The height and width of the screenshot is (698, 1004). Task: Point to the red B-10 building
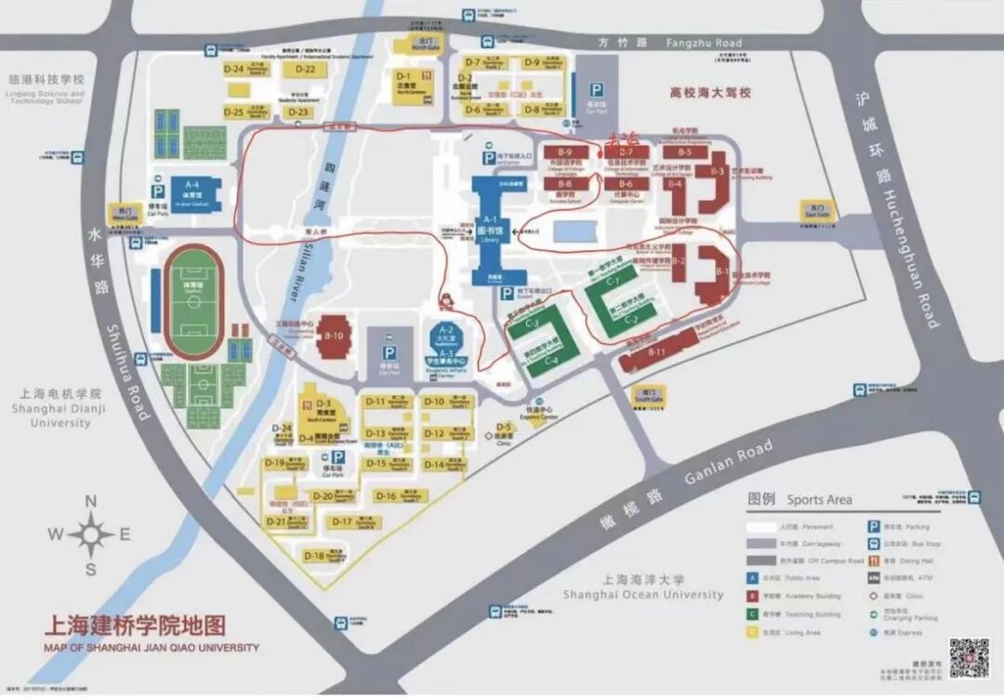point(334,341)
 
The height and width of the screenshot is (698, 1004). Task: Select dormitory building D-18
point(315,557)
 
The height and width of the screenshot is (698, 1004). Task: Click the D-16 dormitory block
point(387,496)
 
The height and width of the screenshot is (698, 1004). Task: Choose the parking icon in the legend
point(874,525)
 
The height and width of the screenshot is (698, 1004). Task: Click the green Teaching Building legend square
point(754,613)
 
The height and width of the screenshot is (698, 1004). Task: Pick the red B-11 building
point(658,354)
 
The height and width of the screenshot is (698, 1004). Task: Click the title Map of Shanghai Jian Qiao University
point(152,648)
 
